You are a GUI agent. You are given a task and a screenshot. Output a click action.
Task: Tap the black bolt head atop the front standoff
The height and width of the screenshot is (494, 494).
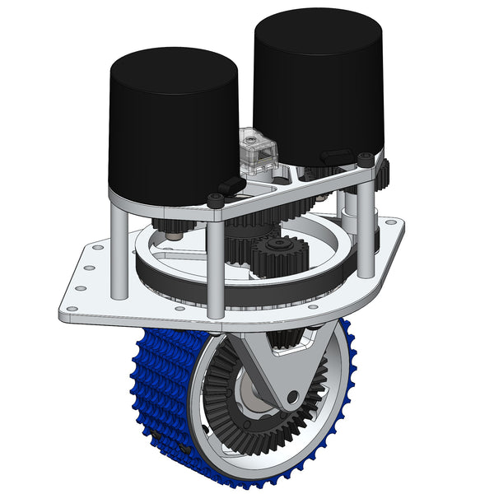pos(216,200)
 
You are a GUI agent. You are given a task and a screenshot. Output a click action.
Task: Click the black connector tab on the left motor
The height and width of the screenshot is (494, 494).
pos(230,185)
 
